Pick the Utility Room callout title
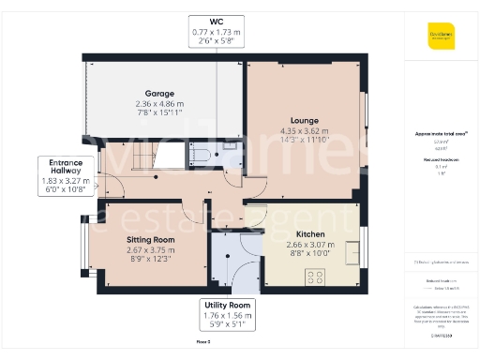[x=227, y=306]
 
